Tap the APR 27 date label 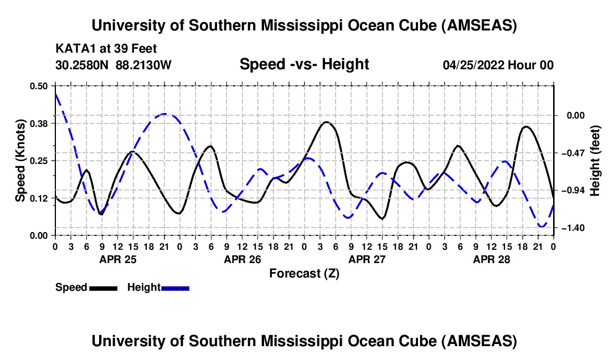tap(366, 259)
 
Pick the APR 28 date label tap(491, 259)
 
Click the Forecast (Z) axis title tap(304, 273)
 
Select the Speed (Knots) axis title tap(20, 161)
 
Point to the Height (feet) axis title tap(595, 161)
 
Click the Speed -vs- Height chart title tap(304, 64)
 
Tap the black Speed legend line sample tap(103, 287)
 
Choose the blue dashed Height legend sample tap(175, 287)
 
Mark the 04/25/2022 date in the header tap(475, 65)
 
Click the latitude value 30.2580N tap(82, 65)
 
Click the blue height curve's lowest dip tap(542, 226)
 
